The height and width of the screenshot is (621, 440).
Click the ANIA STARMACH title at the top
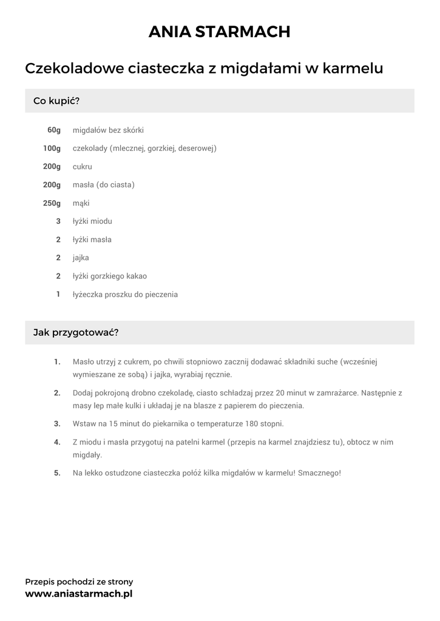tap(220, 32)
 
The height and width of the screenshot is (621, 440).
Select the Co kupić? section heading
tap(56, 101)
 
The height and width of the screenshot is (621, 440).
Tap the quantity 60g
tap(54, 130)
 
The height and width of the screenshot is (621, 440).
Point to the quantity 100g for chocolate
tap(52, 148)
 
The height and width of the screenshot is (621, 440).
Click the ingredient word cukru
tap(82, 166)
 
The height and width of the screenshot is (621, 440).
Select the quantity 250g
tap(52, 203)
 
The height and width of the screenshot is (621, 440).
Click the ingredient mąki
tap(81, 203)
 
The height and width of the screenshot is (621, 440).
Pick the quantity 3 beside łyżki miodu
tap(58, 221)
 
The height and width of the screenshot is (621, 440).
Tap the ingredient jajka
tap(81, 258)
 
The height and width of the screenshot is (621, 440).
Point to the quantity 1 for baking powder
tap(58, 294)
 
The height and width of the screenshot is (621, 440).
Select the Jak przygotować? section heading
tap(76, 332)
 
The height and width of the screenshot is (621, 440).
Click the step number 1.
tap(57, 362)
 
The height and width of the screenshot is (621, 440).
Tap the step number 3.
tap(57, 423)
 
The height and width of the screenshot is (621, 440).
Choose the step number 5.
tap(57, 472)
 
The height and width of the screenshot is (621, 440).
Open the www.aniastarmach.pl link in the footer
tap(79, 594)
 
